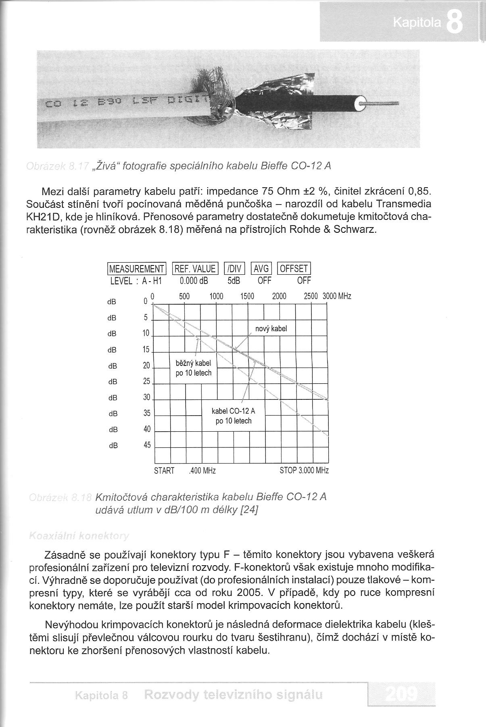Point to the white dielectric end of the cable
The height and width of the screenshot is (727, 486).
(360, 105)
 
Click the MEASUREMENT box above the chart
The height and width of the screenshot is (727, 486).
(137, 269)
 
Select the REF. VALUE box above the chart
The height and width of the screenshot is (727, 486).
(195, 269)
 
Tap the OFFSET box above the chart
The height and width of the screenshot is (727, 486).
(294, 269)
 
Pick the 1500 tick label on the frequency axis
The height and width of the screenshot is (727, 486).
(247, 297)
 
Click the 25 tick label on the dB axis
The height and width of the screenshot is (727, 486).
(146, 381)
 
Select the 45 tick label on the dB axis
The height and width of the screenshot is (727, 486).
(147, 445)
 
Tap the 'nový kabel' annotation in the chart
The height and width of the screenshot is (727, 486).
(271, 329)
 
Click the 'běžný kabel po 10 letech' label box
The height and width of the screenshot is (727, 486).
(194, 368)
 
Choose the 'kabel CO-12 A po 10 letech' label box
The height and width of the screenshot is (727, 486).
(234, 416)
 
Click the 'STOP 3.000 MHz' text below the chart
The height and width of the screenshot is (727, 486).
(304, 470)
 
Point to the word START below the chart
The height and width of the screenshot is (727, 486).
(164, 471)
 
